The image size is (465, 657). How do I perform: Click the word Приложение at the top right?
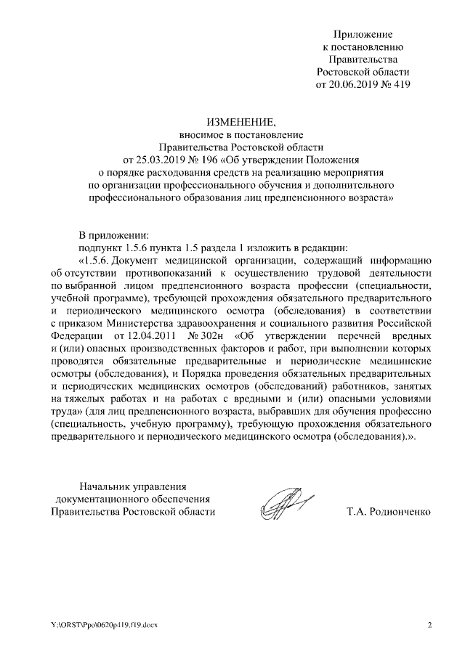363,34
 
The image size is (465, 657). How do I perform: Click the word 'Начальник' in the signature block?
106,486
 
